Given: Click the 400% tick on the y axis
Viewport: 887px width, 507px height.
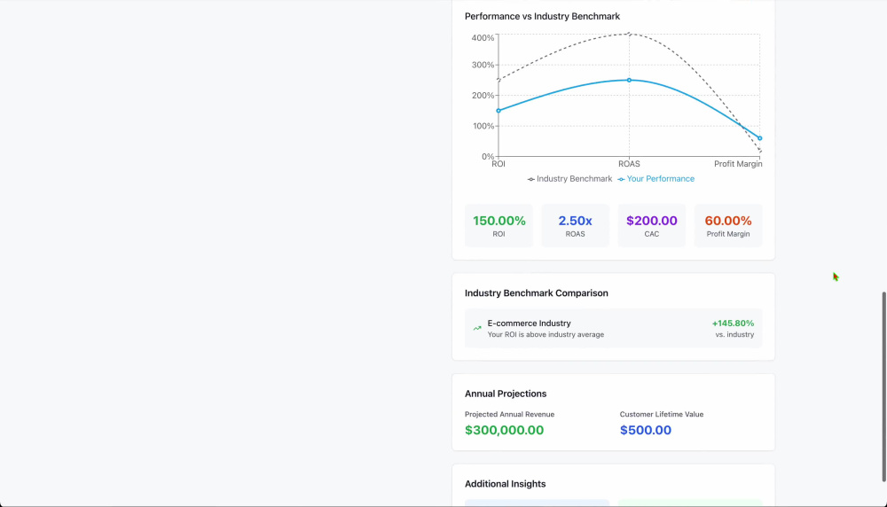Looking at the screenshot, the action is click(483, 38).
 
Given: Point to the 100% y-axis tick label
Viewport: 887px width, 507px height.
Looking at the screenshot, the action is click(483, 126).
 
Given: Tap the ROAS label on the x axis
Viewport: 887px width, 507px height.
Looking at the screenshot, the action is click(629, 164).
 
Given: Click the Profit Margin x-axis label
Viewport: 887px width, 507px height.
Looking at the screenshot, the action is click(738, 164).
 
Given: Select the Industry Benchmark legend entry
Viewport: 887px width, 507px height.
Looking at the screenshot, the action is click(569, 179).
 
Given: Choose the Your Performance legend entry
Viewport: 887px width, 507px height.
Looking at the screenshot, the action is click(655, 179).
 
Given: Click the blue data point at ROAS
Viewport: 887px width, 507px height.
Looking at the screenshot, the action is click(629, 81).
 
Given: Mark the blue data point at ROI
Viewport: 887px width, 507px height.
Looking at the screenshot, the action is click(498, 111).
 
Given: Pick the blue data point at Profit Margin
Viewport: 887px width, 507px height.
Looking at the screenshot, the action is click(760, 138).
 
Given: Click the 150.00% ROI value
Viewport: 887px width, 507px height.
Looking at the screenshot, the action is click(498, 221).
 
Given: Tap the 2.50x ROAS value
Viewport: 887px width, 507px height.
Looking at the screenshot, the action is click(576, 221).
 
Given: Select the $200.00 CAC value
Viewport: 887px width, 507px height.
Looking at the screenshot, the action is click(652, 221).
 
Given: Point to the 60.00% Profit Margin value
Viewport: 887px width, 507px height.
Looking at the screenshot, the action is click(728, 221).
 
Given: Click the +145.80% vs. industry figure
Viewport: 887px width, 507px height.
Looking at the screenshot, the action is click(733, 324).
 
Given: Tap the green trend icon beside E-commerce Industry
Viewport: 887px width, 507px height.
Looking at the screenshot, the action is click(477, 328).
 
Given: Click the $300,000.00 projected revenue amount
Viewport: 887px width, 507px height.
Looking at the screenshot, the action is click(504, 430).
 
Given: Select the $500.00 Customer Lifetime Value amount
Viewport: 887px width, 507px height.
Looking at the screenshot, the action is click(646, 430).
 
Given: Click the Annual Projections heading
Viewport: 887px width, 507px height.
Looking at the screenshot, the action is click(506, 394).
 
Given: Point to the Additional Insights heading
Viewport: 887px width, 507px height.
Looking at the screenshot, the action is click(506, 484).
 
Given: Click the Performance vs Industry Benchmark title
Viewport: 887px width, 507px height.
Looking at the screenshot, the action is click(543, 16).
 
